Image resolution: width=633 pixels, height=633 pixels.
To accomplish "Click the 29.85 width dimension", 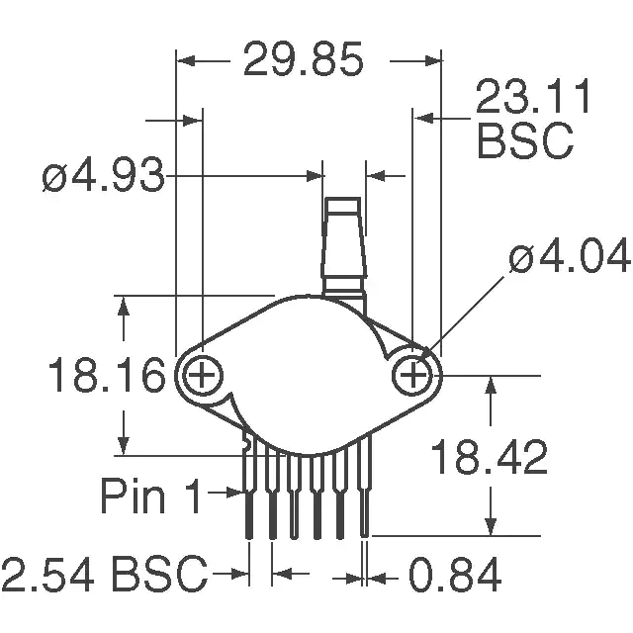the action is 304,59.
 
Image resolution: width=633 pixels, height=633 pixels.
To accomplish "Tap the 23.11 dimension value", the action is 533,96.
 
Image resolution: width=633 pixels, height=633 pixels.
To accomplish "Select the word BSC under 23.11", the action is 525,140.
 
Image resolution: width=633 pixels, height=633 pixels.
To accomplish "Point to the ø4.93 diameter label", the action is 104,175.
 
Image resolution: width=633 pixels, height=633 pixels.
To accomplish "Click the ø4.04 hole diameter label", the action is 570,255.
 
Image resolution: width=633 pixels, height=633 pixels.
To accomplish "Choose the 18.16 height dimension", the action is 107,375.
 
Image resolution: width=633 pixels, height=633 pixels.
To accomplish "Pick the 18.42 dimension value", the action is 490,457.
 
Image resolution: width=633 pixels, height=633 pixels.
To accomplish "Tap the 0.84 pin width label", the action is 455,575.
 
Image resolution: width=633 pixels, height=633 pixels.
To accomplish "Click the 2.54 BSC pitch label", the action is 104,574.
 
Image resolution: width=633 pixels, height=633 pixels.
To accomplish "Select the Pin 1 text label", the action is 151,496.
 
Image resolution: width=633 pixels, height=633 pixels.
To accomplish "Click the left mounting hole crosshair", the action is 202,375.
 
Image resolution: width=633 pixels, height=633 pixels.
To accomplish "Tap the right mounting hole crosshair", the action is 412,376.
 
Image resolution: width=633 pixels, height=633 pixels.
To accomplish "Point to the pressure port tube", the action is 344,246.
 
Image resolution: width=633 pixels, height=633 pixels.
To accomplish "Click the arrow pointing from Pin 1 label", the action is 225,493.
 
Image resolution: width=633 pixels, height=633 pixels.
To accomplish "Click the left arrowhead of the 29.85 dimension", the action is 186,61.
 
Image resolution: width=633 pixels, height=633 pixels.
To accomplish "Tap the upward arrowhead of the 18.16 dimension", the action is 124,306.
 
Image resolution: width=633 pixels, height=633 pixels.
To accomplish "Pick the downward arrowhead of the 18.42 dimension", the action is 491,527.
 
